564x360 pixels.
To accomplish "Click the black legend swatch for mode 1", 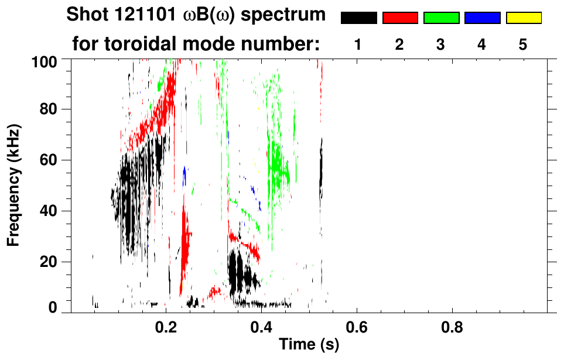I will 359,18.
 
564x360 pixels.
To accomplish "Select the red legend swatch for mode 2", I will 400,18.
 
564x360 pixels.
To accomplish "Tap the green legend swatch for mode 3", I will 441,18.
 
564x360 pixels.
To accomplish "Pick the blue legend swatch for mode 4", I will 482,18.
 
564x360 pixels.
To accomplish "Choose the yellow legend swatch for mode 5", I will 523,18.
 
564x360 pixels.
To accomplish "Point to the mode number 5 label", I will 523,45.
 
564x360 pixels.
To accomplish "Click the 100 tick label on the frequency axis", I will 44,61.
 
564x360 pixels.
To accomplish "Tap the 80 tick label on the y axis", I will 47,109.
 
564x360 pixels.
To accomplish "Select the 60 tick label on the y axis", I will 47,160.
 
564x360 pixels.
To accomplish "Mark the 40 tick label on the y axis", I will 47,211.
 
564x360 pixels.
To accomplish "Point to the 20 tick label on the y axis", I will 47,262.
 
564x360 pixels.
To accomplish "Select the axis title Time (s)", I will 309,345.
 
